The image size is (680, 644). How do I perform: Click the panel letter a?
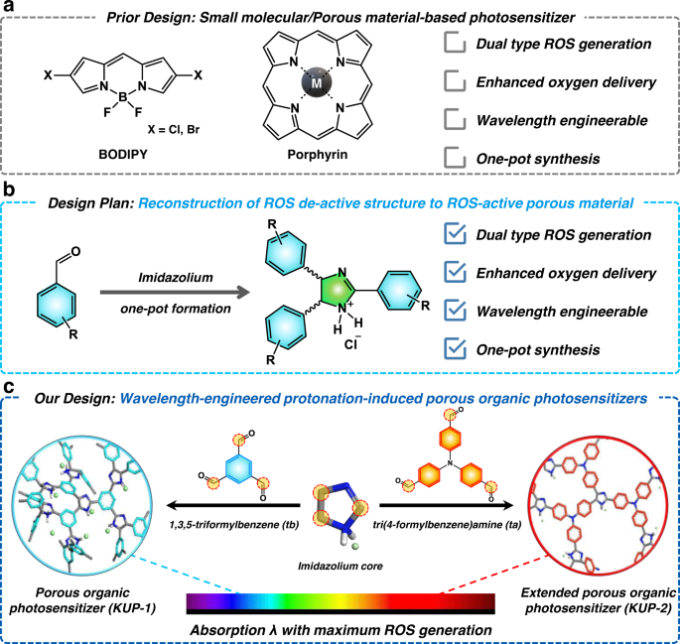pyautogui.click(x=8, y=8)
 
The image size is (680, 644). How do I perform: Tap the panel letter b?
pyautogui.click(x=8, y=187)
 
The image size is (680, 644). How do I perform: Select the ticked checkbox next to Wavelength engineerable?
pyautogui.click(x=454, y=311)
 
